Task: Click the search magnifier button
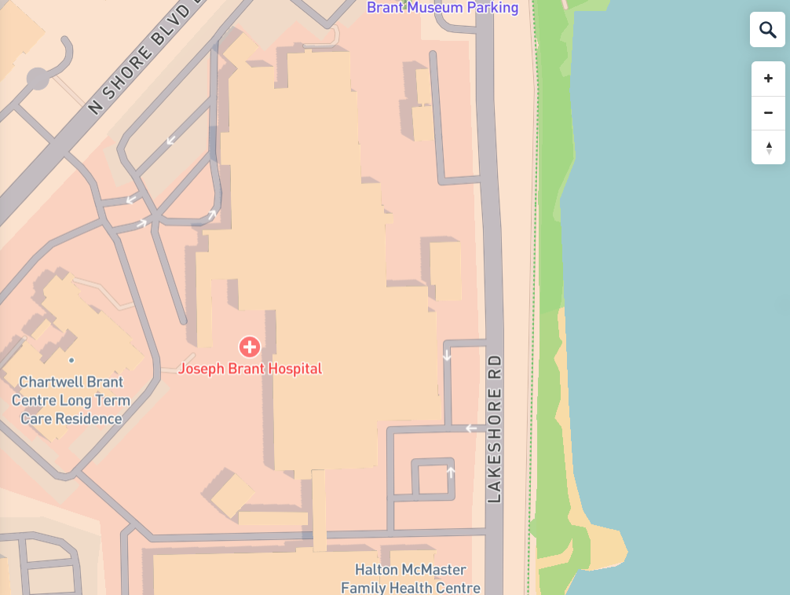(767, 30)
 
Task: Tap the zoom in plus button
(768, 79)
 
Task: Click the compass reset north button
(768, 147)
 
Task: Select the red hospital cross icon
(250, 346)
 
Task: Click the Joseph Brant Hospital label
(250, 368)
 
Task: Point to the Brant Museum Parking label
(443, 8)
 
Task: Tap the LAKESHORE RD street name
(494, 428)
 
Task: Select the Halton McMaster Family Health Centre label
(411, 578)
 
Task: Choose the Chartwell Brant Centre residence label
(71, 400)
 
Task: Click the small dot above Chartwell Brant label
(71, 360)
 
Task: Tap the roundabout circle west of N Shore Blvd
(38, 79)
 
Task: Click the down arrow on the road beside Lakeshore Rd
(447, 355)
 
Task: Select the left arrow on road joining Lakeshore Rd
(471, 428)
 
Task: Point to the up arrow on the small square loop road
(451, 472)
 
